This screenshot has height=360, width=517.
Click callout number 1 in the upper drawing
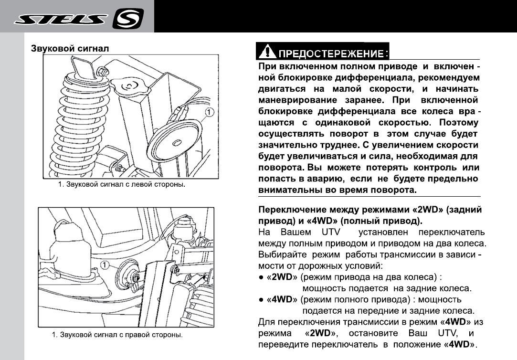(209, 112)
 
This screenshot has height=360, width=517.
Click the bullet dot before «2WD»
(261, 277)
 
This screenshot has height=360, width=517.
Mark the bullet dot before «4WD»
(261, 299)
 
